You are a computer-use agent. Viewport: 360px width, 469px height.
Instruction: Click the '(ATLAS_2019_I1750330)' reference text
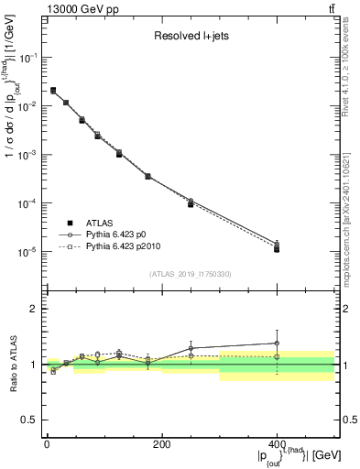pyautogui.click(x=189, y=274)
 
